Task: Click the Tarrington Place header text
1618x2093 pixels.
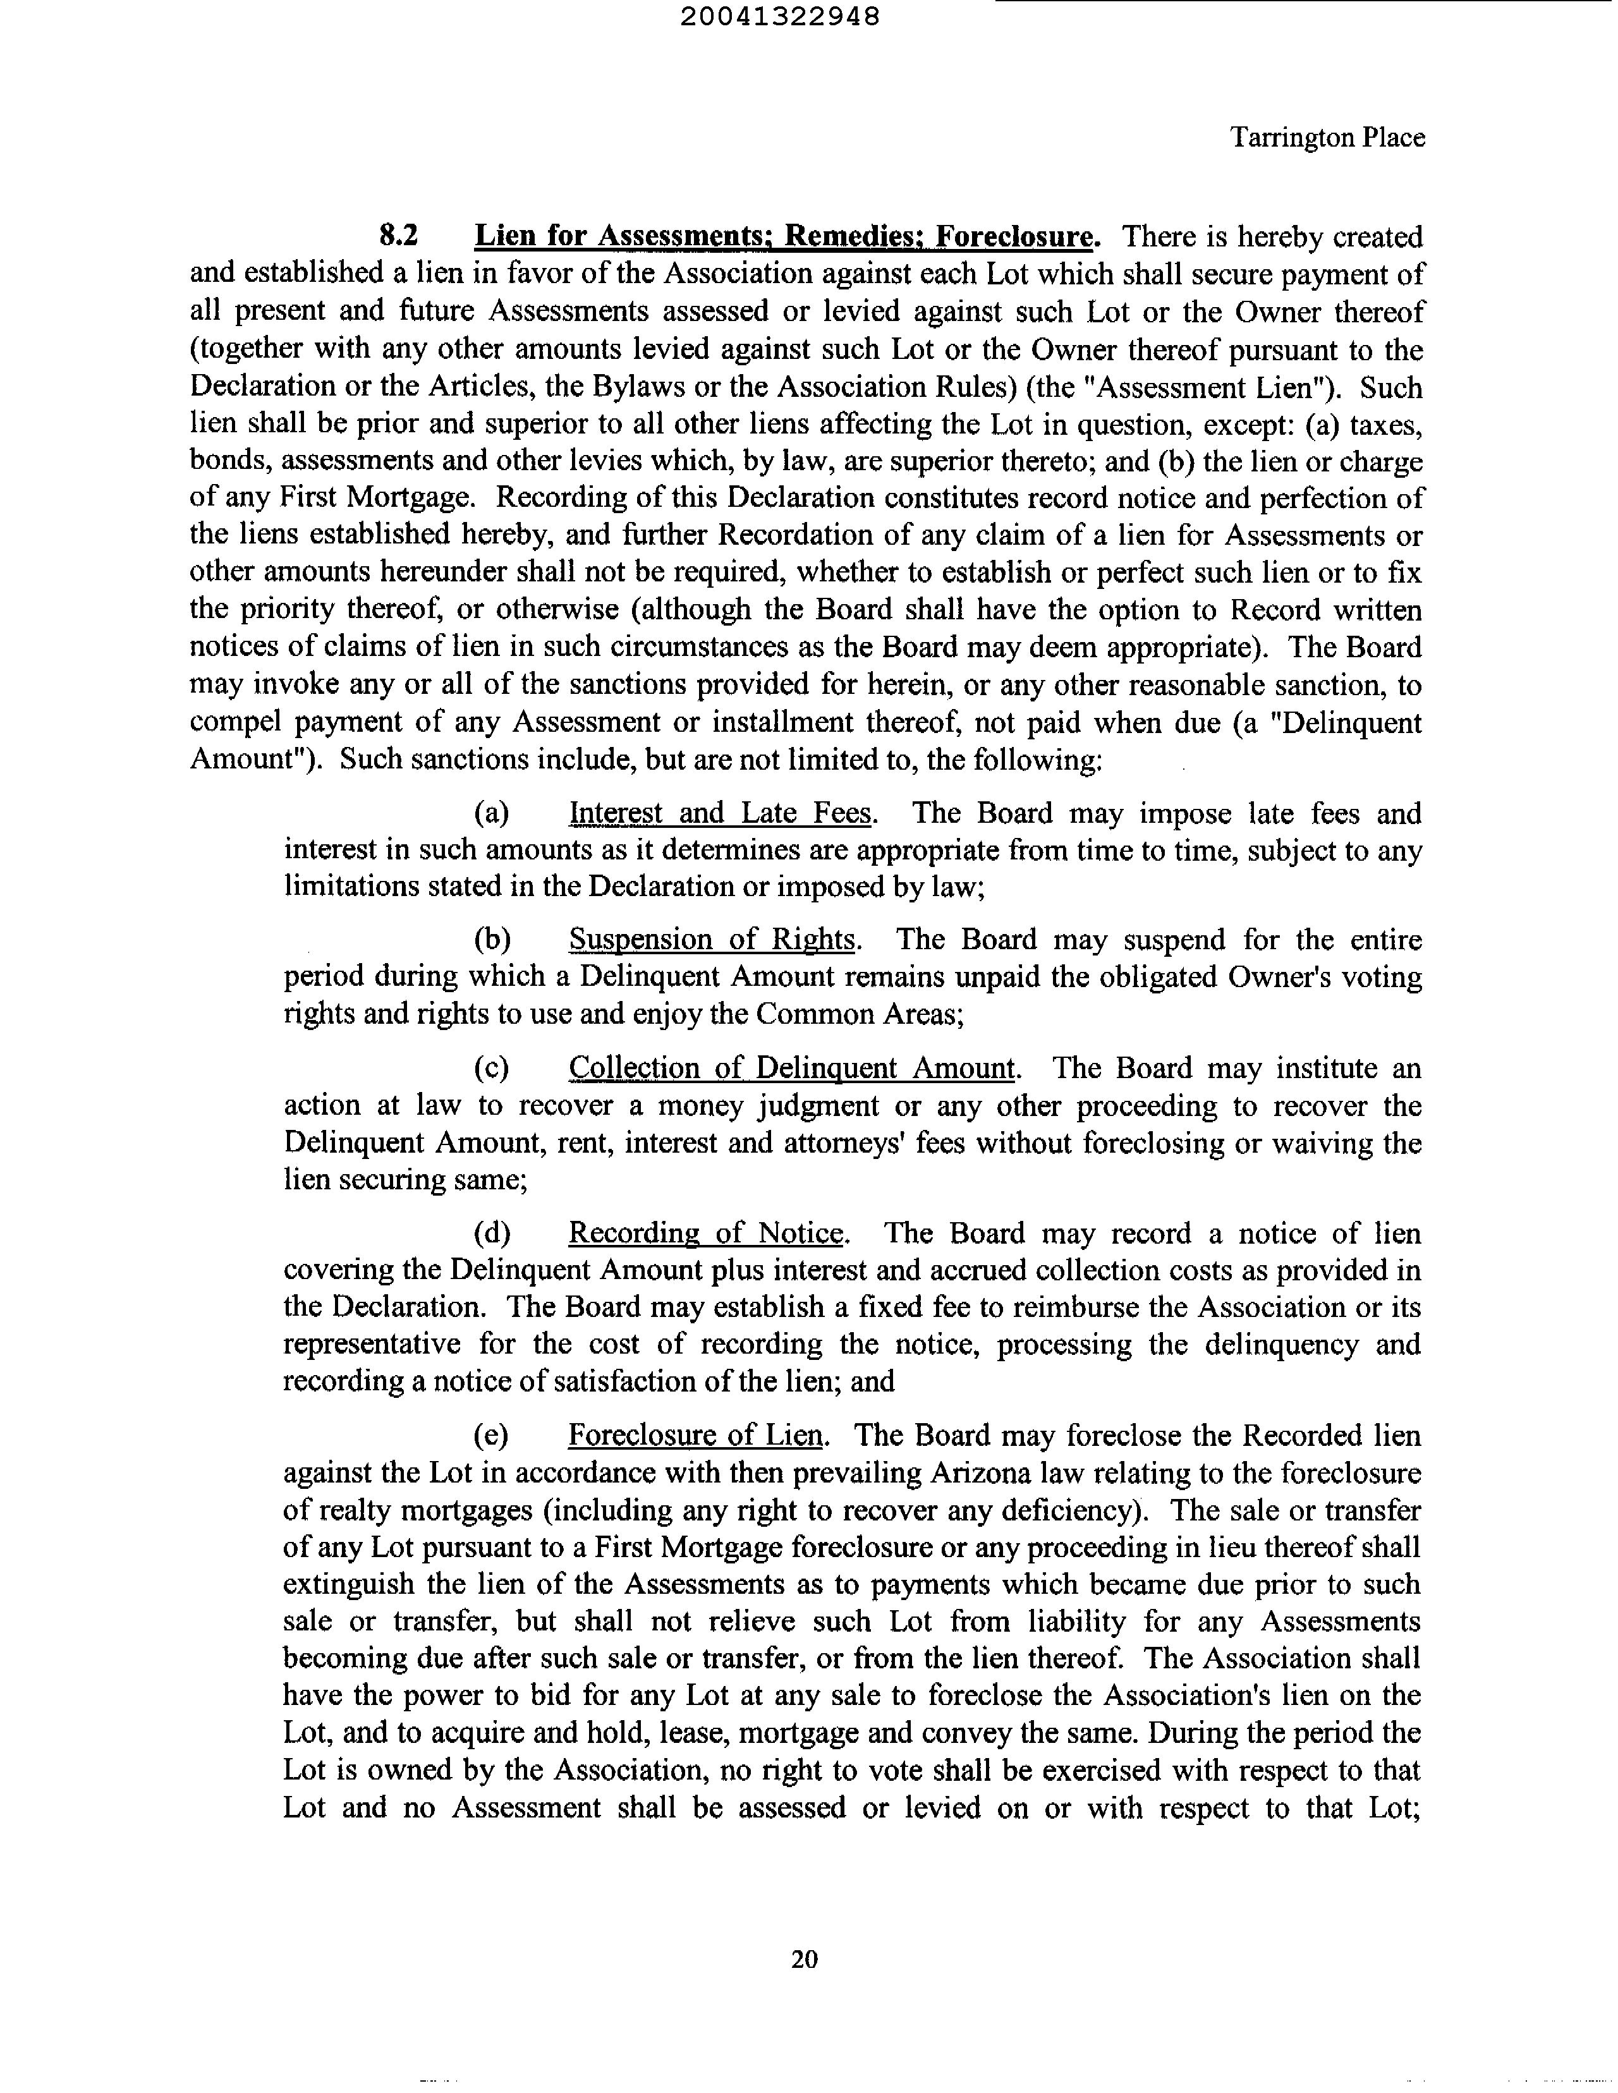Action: pyautogui.click(x=1327, y=138)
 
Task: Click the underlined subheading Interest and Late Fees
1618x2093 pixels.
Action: pyautogui.click(x=721, y=813)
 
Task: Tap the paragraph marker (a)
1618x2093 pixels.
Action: pyautogui.click(x=492, y=813)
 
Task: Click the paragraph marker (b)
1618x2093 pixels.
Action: pyautogui.click(x=492, y=940)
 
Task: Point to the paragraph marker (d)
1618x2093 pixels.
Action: pyautogui.click(x=492, y=1234)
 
